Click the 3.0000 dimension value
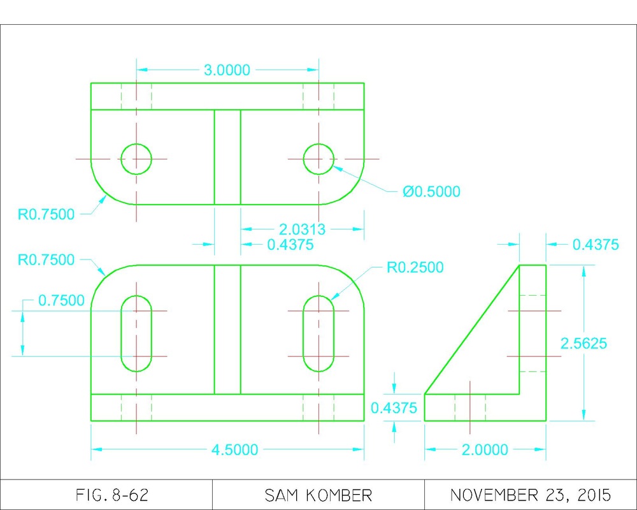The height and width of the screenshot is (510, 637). (227, 70)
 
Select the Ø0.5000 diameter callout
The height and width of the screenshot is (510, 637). (431, 191)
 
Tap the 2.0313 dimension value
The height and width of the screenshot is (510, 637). (303, 229)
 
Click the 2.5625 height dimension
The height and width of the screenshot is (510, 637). (583, 344)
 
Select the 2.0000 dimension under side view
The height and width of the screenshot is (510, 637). (485, 450)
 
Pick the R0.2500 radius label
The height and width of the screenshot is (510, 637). (415, 267)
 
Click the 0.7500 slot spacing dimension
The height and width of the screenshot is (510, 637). (61, 300)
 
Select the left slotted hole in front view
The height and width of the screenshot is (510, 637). (136, 333)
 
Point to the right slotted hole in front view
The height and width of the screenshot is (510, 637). (318, 333)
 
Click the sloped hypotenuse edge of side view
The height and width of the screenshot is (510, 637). (471, 330)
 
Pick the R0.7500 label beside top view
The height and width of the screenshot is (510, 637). (46, 214)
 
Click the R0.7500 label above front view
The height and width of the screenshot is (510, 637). (46, 259)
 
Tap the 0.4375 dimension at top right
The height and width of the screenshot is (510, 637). (596, 244)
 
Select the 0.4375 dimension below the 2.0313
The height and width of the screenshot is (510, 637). (290, 244)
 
